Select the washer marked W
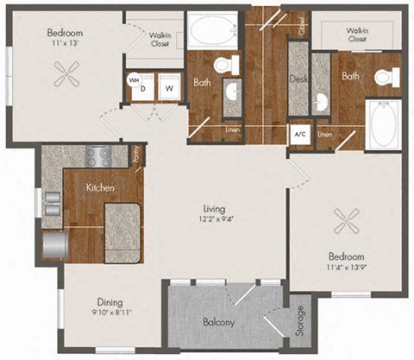coord(170,87)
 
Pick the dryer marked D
coord(145,88)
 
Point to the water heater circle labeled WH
coord(134,79)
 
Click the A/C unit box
coord(298,136)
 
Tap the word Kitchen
coord(101,186)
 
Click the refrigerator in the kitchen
coord(53,244)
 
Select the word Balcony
coord(221,322)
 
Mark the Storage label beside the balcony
coord(299,322)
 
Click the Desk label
coord(298,78)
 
